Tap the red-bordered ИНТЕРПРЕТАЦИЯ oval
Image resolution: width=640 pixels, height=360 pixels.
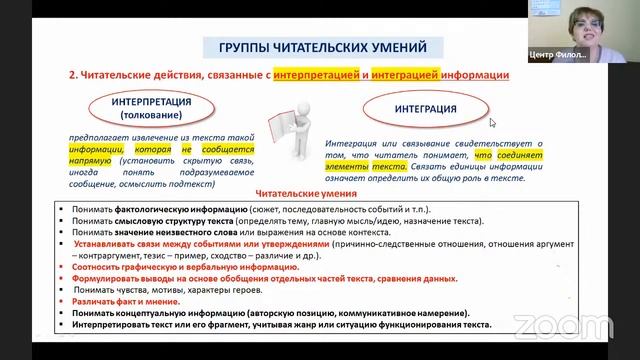point(153,107)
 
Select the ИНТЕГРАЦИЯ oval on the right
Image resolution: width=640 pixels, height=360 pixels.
point(411,108)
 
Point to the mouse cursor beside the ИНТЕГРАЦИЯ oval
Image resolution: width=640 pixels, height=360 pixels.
point(492,122)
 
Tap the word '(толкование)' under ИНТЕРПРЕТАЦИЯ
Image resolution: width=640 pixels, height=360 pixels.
point(153,114)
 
